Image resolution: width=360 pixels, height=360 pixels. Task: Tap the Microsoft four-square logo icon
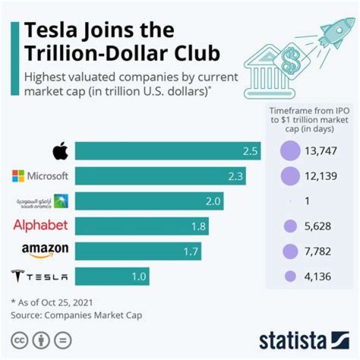click(18, 175)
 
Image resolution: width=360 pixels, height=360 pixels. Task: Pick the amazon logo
click(44, 250)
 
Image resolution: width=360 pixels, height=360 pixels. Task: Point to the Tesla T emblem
click(18, 276)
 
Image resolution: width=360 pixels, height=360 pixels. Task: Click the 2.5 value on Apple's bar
click(249, 151)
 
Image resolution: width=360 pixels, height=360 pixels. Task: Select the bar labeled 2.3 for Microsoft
click(160, 176)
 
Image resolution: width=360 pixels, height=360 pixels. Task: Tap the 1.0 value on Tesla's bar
click(138, 276)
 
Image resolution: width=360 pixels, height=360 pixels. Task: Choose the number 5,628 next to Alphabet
click(317, 226)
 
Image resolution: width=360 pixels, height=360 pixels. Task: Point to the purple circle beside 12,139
click(289, 176)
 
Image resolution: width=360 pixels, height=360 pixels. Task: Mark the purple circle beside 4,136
click(289, 276)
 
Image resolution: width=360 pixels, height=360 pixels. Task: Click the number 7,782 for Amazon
click(317, 251)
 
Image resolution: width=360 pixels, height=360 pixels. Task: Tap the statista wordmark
click(292, 340)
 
